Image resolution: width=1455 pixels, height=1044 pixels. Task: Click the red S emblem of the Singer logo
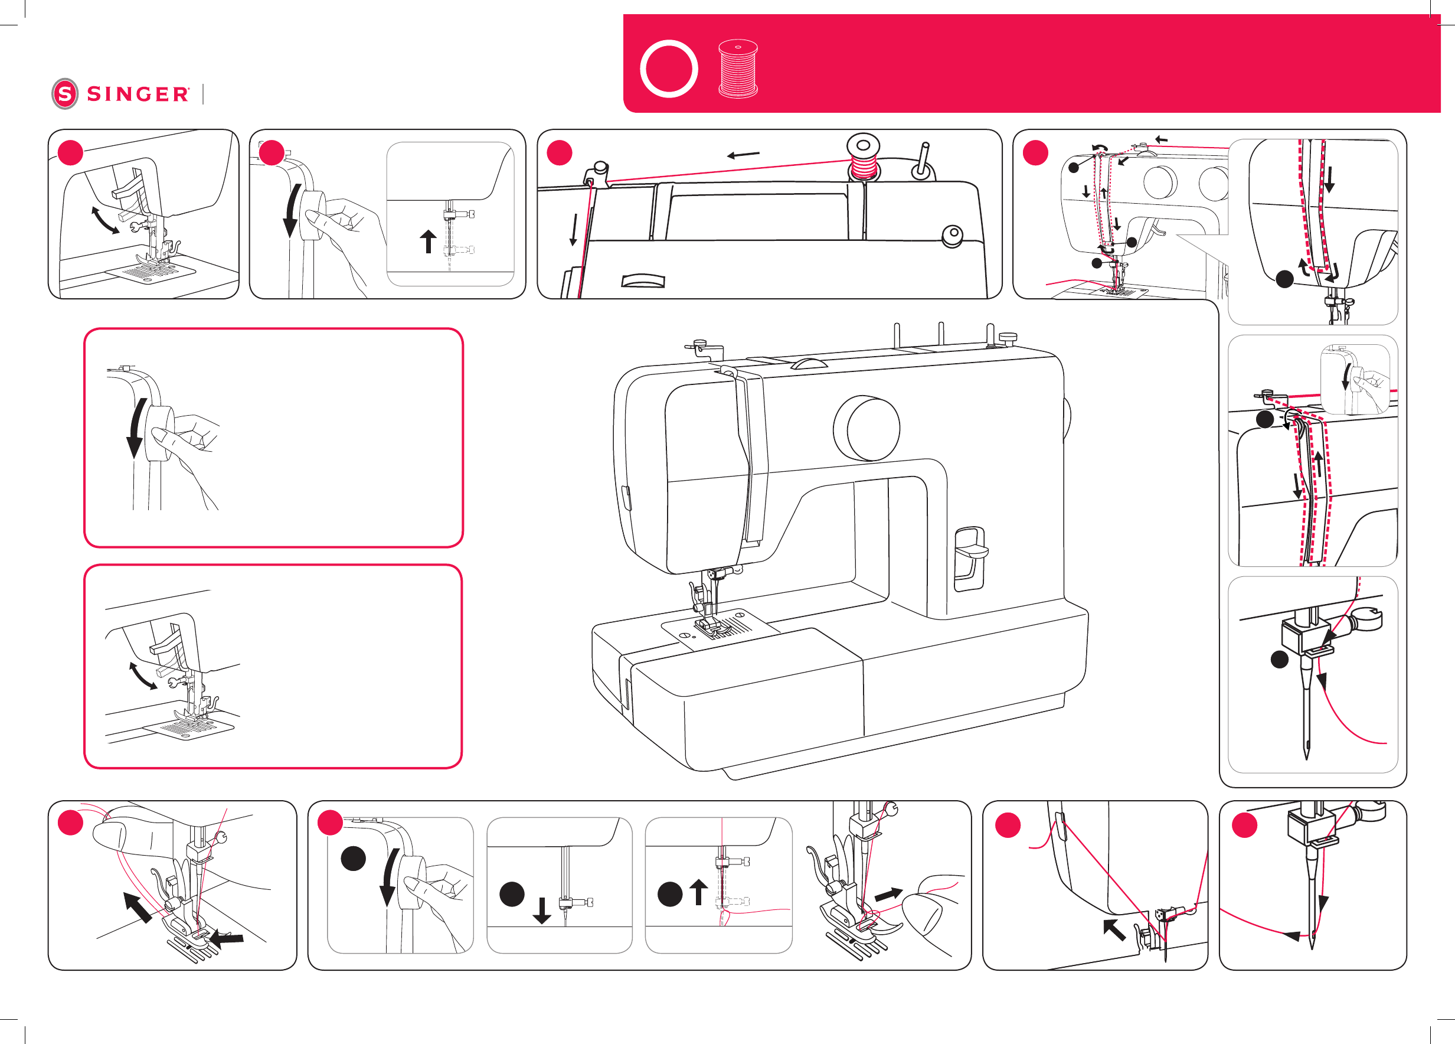[x=65, y=94]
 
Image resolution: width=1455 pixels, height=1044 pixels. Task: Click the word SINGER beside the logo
[x=138, y=94]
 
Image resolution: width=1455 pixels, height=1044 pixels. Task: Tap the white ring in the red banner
[x=669, y=68]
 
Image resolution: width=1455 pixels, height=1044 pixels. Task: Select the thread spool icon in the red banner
[x=738, y=68]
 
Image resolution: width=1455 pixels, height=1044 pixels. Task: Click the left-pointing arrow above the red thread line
[x=743, y=155]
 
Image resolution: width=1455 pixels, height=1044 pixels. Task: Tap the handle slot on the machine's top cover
[x=643, y=281]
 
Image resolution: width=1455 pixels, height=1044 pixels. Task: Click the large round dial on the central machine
[x=867, y=428]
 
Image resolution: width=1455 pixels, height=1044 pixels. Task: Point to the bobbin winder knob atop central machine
[x=1008, y=337]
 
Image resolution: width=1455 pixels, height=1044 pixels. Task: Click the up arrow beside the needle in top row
[x=428, y=242]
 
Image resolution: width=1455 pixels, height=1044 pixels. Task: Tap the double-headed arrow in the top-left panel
[x=105, y=220]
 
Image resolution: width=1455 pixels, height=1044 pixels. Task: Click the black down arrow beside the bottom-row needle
[x=542, y=911]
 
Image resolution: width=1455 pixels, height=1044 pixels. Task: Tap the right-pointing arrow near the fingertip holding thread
[x=888, y=894]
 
